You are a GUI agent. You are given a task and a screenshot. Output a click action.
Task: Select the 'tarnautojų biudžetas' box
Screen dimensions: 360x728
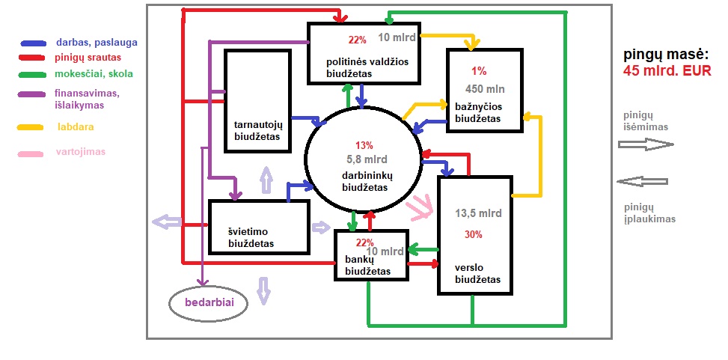coord(257,100)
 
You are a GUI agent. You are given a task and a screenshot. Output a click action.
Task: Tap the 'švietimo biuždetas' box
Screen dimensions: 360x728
coord(258,227)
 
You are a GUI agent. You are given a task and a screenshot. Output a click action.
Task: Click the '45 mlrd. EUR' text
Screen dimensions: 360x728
coord(667,70)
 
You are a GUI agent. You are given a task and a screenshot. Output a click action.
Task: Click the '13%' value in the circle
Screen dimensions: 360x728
coord(364,145)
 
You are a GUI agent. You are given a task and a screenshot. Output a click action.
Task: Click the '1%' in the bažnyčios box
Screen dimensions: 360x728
coord(479,71)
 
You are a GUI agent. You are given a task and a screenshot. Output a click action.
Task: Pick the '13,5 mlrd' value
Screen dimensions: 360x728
coord(478,213)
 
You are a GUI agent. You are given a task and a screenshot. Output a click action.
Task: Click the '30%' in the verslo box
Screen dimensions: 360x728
coord(473,234)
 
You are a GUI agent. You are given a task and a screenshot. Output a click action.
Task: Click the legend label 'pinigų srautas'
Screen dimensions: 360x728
coord(88,57)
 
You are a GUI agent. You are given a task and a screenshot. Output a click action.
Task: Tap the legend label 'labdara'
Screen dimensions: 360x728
coord(76,127)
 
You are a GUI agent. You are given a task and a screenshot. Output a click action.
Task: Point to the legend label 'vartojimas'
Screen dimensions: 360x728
coord(80,151)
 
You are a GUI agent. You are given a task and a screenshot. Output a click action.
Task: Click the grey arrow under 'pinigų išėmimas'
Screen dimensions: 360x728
coord(647,144)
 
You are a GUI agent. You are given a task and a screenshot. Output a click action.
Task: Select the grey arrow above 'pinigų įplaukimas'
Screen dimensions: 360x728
coord(641,181)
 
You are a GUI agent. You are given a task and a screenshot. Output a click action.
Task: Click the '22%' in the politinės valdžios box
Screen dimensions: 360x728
coord(357,40)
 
